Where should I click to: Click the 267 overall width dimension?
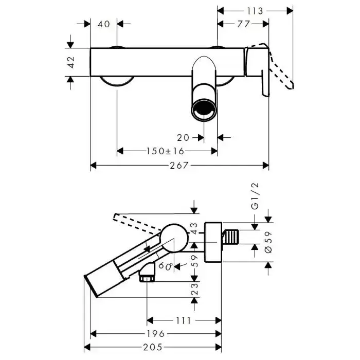coord(180,165)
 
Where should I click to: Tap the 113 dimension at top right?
coord(254,10)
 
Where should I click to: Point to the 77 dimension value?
coord(243,24)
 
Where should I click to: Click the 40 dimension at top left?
coord(104,24)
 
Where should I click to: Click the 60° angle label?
coord(166,265)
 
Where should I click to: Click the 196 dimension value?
coord(155,334)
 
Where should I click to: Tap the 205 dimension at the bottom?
coord(155,348)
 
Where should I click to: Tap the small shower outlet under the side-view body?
coord(148,274)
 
